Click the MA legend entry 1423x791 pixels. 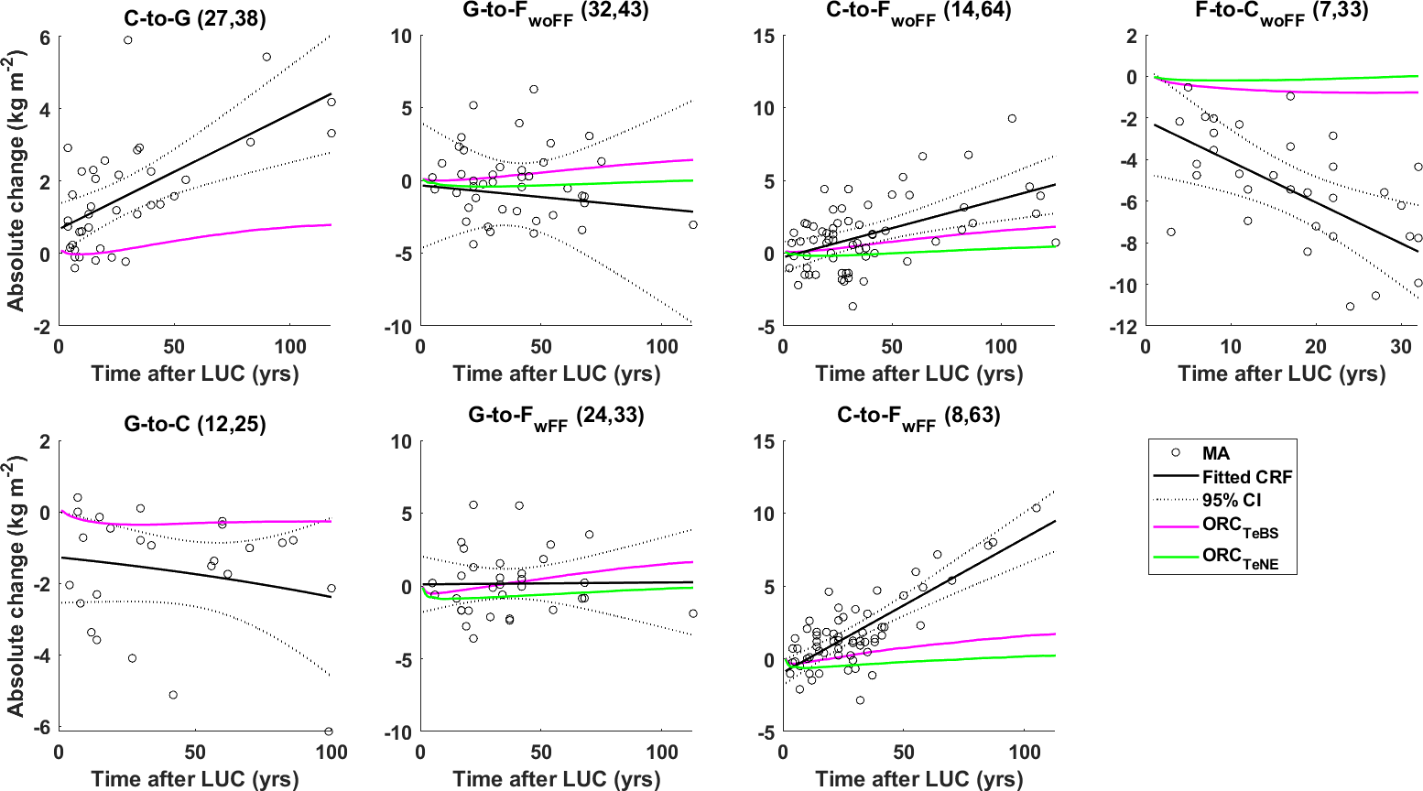point(1215,453)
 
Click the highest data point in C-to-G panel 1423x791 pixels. point(128,40)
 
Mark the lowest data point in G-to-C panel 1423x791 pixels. point(329,731)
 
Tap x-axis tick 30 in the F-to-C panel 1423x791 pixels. point(1401,347)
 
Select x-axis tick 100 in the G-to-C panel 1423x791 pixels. point(331,753)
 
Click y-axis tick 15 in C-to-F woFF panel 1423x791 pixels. point(765,37)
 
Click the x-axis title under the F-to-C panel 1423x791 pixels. point(1281,374)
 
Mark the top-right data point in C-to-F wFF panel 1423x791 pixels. point(1037,508)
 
